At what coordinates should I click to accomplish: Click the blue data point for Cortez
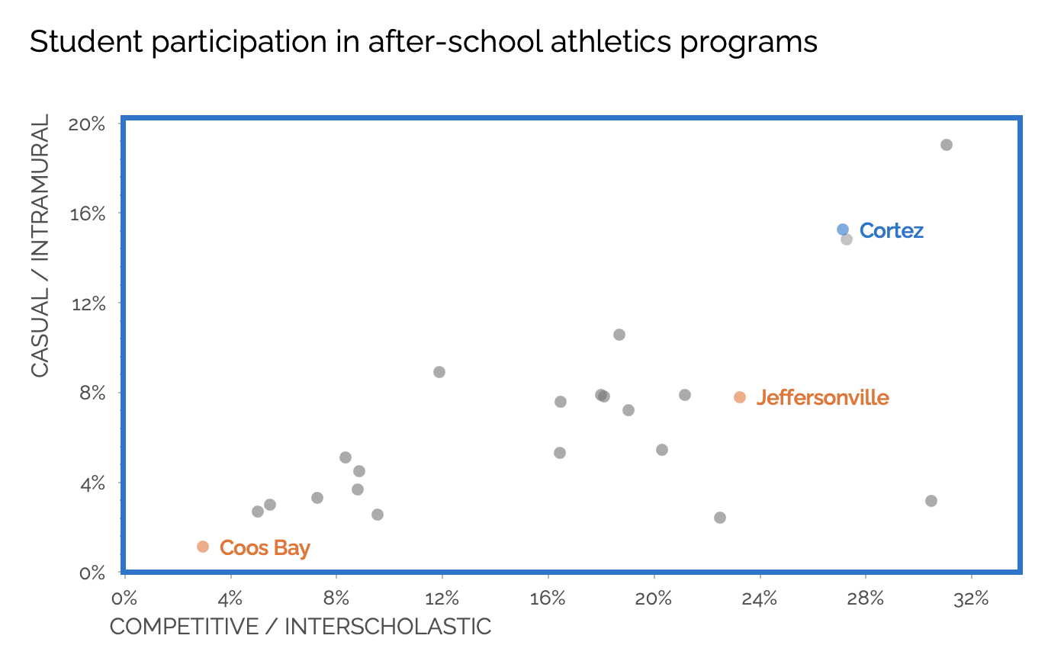pos(843,229)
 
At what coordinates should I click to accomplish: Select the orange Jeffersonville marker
pos(740,397)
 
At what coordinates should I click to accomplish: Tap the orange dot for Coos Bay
pos(203,547)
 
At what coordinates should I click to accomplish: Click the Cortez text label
pos(891,231)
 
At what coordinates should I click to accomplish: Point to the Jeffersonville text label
pos(822,398)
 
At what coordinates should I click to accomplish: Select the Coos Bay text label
pos(265,548)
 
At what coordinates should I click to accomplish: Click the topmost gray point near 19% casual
pos(947,145)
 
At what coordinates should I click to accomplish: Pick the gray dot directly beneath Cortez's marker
pos(847,239)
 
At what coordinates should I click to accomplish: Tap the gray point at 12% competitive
pos(439,372)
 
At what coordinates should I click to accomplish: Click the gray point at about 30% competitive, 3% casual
pos(931,501)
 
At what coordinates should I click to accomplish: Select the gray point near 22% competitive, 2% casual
pos(720,518)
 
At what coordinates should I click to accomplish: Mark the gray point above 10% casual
pos(619,335)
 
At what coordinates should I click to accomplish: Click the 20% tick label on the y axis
pos(86,124)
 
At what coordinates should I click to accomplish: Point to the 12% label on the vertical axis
pos(86,303)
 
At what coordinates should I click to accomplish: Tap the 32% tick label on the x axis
pos(971,598)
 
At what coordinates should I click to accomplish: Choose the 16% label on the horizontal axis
pos(548,598)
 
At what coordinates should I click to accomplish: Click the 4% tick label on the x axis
pos(230,598)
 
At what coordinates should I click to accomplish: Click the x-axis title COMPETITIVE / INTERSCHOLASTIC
pos(301,627)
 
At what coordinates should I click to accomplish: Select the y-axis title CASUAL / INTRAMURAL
pos(40,245)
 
